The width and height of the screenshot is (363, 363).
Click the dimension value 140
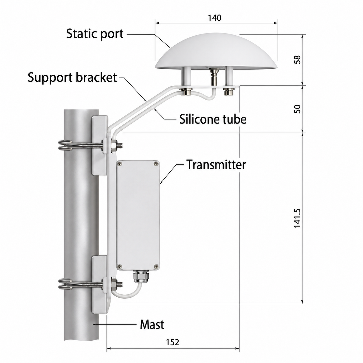(x=214, y=18)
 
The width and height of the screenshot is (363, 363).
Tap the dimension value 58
(x=298, y=60)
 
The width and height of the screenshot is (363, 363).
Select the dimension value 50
(x=298, y=109)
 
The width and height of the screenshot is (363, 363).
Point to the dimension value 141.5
(x=298, y=218)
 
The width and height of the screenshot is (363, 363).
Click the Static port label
(x=95, y=34)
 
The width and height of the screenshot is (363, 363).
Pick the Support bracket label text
(x=72, y=77)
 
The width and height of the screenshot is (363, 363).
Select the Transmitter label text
(x=216, y=164)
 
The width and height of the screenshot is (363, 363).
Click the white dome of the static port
(x=216, y=52)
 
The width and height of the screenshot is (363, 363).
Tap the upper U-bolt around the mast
(x=81, y=145)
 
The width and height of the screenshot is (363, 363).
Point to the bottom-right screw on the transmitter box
(x=156, y=266)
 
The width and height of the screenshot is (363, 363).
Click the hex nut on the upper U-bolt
(x=113, y=145)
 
